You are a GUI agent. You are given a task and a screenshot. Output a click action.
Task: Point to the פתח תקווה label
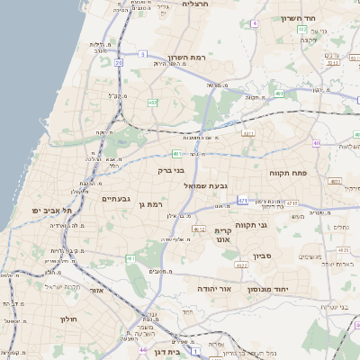coord(287,171)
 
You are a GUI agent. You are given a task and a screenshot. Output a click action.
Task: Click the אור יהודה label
coord(214,289)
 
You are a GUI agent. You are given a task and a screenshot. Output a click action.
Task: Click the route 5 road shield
coord(142,55)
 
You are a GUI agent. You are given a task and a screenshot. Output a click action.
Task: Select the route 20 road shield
coord(119,62)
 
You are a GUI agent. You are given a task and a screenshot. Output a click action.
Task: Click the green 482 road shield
coord(153,103)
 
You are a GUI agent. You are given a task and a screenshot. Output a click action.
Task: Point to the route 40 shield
coord(316,144)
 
